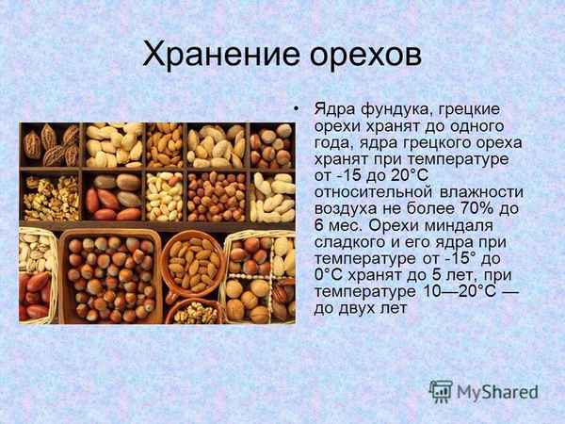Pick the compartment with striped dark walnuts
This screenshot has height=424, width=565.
pos(50,146)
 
